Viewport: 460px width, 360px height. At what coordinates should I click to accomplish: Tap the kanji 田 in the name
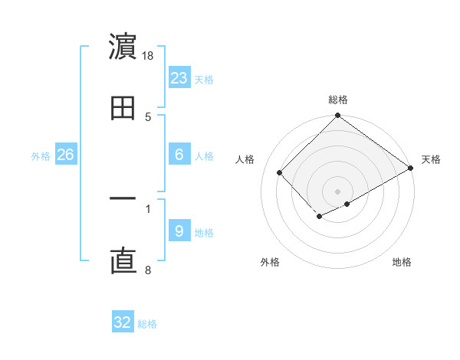pyautogui.click(x=123, y=109)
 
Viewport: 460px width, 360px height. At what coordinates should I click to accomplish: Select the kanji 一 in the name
pyautogui.click(x=123, y=199)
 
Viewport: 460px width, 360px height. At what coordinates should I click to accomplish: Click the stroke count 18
pyautogui.click(x=149, y=56)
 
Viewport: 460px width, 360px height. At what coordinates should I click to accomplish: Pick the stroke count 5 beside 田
pyautogui.click(x=148, y=117)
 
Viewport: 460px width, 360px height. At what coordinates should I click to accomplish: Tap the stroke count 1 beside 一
pyautogui.click(x=148, y=208)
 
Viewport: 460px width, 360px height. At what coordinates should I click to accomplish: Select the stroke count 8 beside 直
pyautogui.click(x=148, y=270)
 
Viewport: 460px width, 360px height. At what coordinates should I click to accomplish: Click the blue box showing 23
pyautogui.click(x=179, y=78)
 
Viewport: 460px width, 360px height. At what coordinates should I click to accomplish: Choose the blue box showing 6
pyautogui.click(x=179, y=155)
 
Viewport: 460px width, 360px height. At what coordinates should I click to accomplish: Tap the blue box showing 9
pyautogui.click(x=179, y=231)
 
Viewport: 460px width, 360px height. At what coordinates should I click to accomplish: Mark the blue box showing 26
pyautogui.click(x=65, y=155)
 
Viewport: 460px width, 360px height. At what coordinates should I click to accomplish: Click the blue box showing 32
pyautogui.click(x=123, y=322)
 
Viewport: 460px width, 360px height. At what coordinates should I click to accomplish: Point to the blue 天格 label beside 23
pyautogui.click(x=204, y=79)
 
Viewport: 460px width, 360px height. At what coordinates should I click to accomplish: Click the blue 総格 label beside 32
pyautogui.click(x=147, y=324)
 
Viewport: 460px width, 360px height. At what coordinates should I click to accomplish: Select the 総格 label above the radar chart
pyautogui.click(x=337, y=100)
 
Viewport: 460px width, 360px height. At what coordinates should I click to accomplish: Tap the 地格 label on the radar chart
pyautogui.click(x=402, y=262)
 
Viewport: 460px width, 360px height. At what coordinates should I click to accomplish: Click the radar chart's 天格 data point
pyautogui.click(x=411, y=169)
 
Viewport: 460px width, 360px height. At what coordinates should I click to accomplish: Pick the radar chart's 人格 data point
pyautogui.click(x=280, y=172)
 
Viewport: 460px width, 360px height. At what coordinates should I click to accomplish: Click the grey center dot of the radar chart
pyautogui.click(x=337, y=191)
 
